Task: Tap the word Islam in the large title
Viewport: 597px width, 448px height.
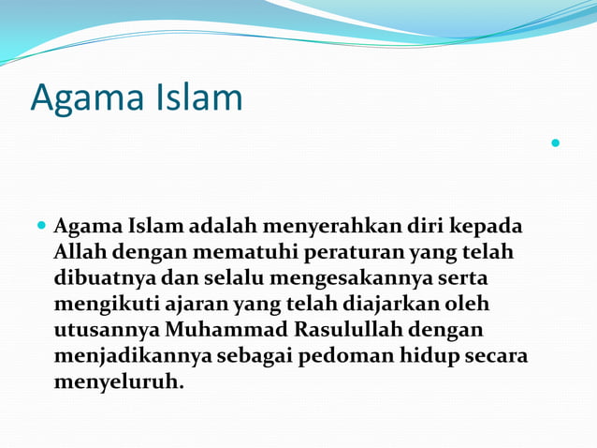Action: pyautogui.click(x=198, y=97)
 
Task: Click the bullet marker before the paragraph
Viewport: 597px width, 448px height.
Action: pyautogui.click(x=41, y=227)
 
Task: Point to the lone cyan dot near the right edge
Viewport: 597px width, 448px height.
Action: pyautogui.click(x=556, y=143)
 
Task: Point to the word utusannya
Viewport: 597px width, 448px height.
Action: pyautogui.click(x=106, y=331)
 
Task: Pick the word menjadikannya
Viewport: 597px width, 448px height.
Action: pyautogui.click(x=133, y=357)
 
